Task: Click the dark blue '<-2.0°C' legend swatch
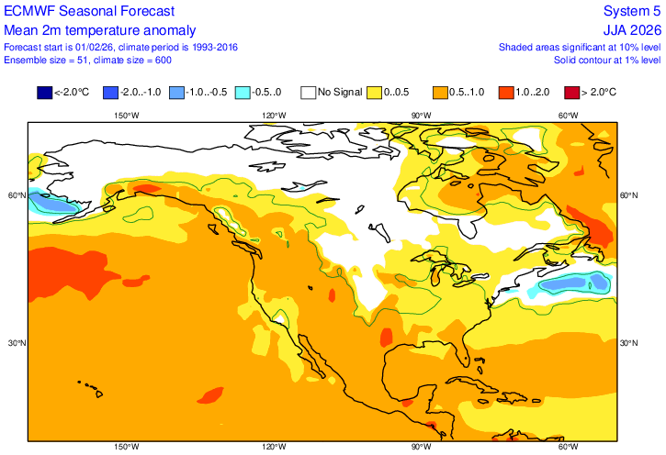point(44,92)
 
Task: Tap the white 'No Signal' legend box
point(308,92)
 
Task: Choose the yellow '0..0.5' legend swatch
point(375,92)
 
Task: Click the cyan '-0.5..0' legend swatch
point(242,92)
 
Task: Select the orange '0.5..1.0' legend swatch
point(439,92)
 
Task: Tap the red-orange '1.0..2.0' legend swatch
point(506,92)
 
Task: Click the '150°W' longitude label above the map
point(126,116)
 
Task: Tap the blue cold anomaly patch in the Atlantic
point(571,284)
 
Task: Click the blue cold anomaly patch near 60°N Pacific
point(53,204)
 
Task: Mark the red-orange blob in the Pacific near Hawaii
point(210,395)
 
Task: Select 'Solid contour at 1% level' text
point(606,60)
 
